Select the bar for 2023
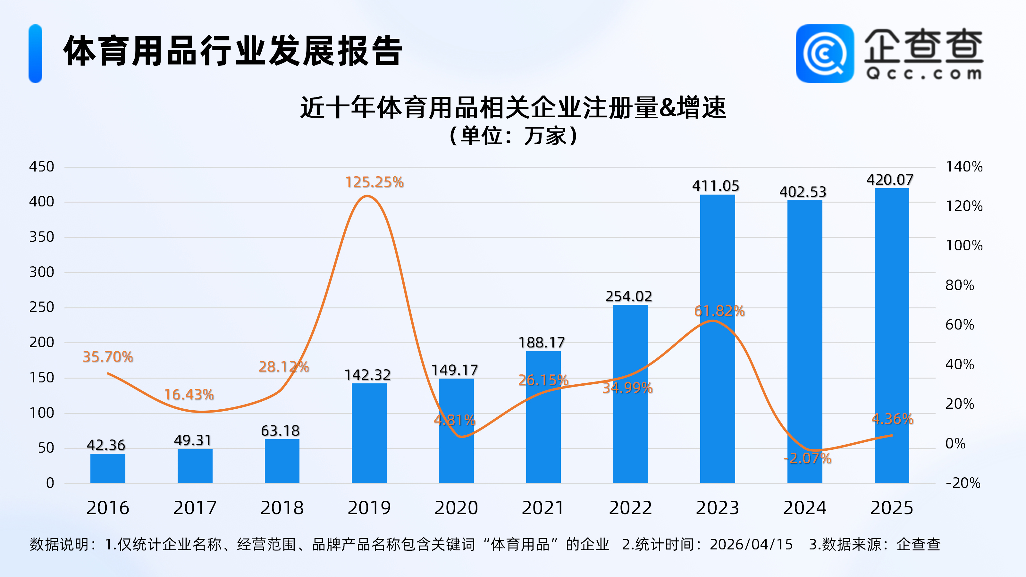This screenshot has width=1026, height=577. [x=717, y=339]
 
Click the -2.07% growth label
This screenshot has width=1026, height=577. [x=807, y=458]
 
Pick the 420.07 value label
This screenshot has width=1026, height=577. [x=890, y=180]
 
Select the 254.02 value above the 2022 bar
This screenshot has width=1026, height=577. [x=628, y=296]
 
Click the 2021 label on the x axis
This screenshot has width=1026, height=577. [x=543, y=508]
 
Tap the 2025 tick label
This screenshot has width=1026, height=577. [x=891, y=508]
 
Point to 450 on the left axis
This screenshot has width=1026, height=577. [x=41, y=166]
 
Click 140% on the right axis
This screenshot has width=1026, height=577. [x=964, y=166]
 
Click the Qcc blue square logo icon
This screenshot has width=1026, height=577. [x=824, y=54]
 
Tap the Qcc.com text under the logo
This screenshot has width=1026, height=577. [x=923, y=74]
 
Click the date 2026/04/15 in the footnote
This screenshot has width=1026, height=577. [x=751, y=544]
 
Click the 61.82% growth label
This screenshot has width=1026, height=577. [x=719, y=311]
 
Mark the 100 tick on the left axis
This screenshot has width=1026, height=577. [x=41, y=413]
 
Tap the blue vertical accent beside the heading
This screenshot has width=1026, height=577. [x=36, y=54]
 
